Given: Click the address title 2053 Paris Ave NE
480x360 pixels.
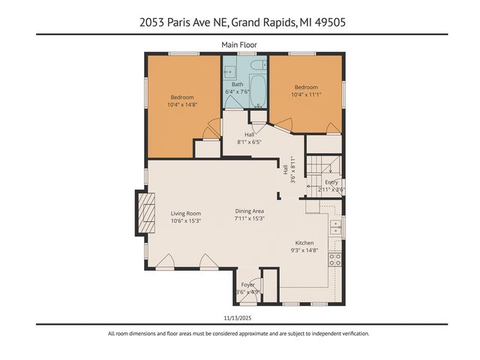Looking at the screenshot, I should (x=239, y=22).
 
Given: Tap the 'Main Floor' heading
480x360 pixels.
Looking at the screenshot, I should (x=239, y=45).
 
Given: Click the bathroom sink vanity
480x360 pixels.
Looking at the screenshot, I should (x=229, y=73).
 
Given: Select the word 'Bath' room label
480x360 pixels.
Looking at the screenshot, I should (x=237, y=85).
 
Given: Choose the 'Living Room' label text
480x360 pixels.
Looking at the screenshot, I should (x=185, y=213).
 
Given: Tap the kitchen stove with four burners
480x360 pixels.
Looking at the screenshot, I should (x=336, y=259).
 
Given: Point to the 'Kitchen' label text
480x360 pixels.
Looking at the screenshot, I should (x=304, y=243).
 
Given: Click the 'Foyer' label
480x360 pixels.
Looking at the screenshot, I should (x=247, y=285).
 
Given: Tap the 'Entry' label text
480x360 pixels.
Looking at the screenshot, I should (x=331, y=182).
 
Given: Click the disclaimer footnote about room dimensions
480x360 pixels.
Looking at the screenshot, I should (x=239, y=334).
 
